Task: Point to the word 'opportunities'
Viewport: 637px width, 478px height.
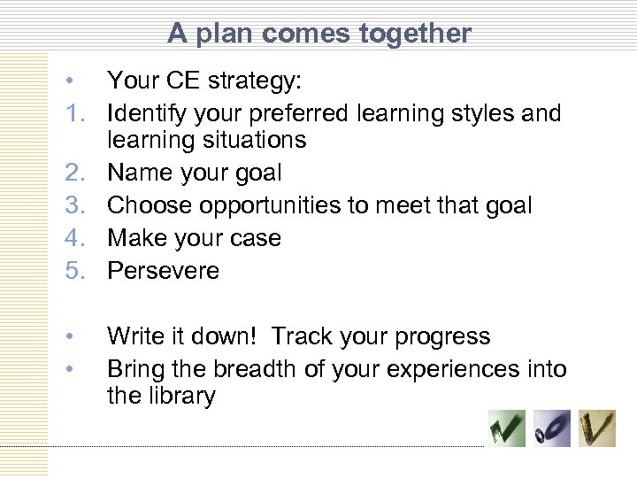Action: pos(281,206)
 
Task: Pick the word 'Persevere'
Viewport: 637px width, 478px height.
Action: pos(164,270)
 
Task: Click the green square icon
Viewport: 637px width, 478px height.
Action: pos(507,429)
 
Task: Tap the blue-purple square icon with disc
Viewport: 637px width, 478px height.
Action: pos(553,429)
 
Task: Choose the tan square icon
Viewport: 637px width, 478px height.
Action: pos(598,429)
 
